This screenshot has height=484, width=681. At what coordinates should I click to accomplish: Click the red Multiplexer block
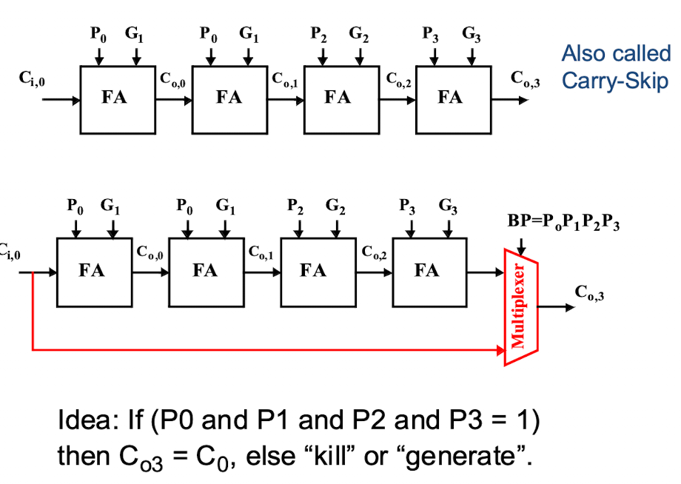click(521, 307)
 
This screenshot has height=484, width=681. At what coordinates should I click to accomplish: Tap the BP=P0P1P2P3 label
click(563, 222)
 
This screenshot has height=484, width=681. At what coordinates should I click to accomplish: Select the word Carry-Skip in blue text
click(615, 81)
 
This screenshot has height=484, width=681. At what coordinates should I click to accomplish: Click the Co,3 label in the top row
click(525, 79)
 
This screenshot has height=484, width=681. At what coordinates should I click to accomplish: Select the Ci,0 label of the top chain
click(32, 78)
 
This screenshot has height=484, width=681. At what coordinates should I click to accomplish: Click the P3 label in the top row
click(430, 34)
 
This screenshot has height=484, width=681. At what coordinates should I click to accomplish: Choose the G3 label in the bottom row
click(448, 206)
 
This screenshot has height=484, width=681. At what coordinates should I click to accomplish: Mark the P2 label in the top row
click(318, 34)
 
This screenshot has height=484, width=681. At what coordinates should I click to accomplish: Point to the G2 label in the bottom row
click(335, 206)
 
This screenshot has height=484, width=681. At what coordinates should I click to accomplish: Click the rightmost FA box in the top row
click(454, 100)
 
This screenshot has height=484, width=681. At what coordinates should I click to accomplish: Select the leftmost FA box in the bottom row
click(94, 272)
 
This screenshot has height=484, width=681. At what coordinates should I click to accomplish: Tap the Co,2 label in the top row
click(398, 80)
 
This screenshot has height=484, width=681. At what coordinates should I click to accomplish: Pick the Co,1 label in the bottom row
click(261, 252)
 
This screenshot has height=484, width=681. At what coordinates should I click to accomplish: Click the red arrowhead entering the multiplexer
click(501, 350)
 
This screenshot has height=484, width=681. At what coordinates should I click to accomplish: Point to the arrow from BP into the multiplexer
click(521, 246)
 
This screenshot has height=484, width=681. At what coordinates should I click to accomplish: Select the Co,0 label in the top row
click(172, 80)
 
